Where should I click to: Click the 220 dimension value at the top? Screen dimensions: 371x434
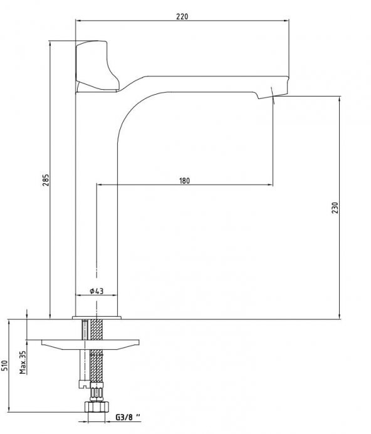click(x=182, y=16)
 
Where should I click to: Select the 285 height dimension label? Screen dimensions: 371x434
click(x=46, y=180)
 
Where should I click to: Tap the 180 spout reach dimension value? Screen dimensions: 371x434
click(x=184, y=181)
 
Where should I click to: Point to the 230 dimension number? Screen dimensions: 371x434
click(x=335, y=208)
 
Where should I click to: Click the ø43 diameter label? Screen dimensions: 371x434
click(x=97, y=291)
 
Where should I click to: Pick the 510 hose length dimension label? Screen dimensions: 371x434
click(x=4, y=366)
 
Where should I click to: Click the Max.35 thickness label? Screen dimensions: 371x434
click(x=23, y=363)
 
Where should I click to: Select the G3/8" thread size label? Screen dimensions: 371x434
click(x=128, y=417)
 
